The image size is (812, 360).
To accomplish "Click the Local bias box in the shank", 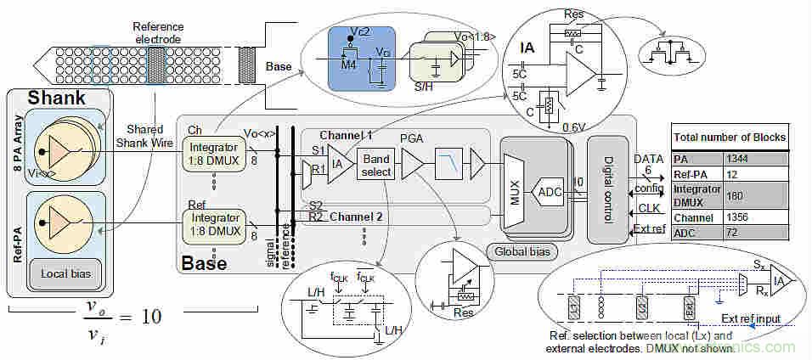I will pos(65,273).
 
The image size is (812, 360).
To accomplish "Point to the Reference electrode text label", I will pos(158,32).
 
